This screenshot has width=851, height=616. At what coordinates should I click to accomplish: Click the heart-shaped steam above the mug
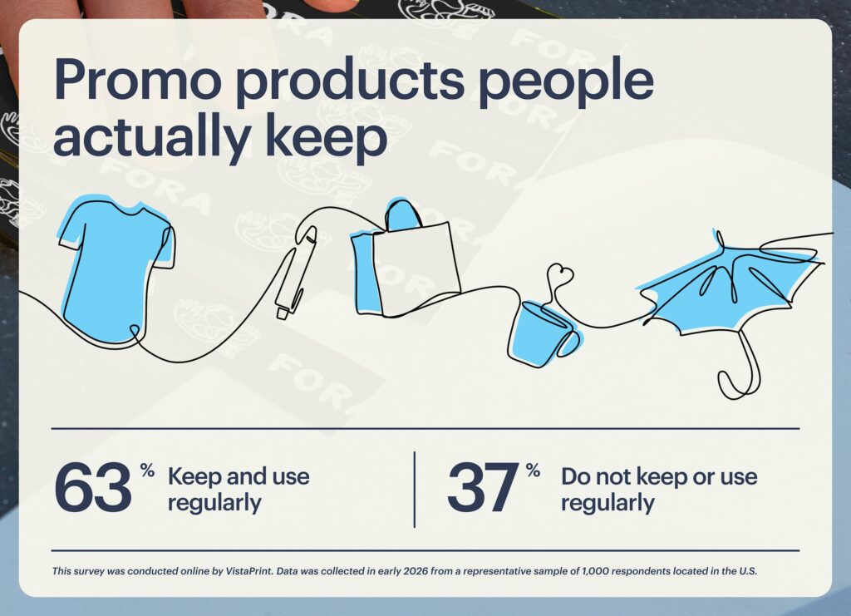[x=562, y=274]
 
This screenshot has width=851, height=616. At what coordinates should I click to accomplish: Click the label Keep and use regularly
[x=239, y=490]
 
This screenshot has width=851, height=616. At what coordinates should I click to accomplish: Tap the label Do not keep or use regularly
[x=658, y=490]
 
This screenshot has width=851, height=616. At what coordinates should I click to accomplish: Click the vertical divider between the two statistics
[x=414, y=489]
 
